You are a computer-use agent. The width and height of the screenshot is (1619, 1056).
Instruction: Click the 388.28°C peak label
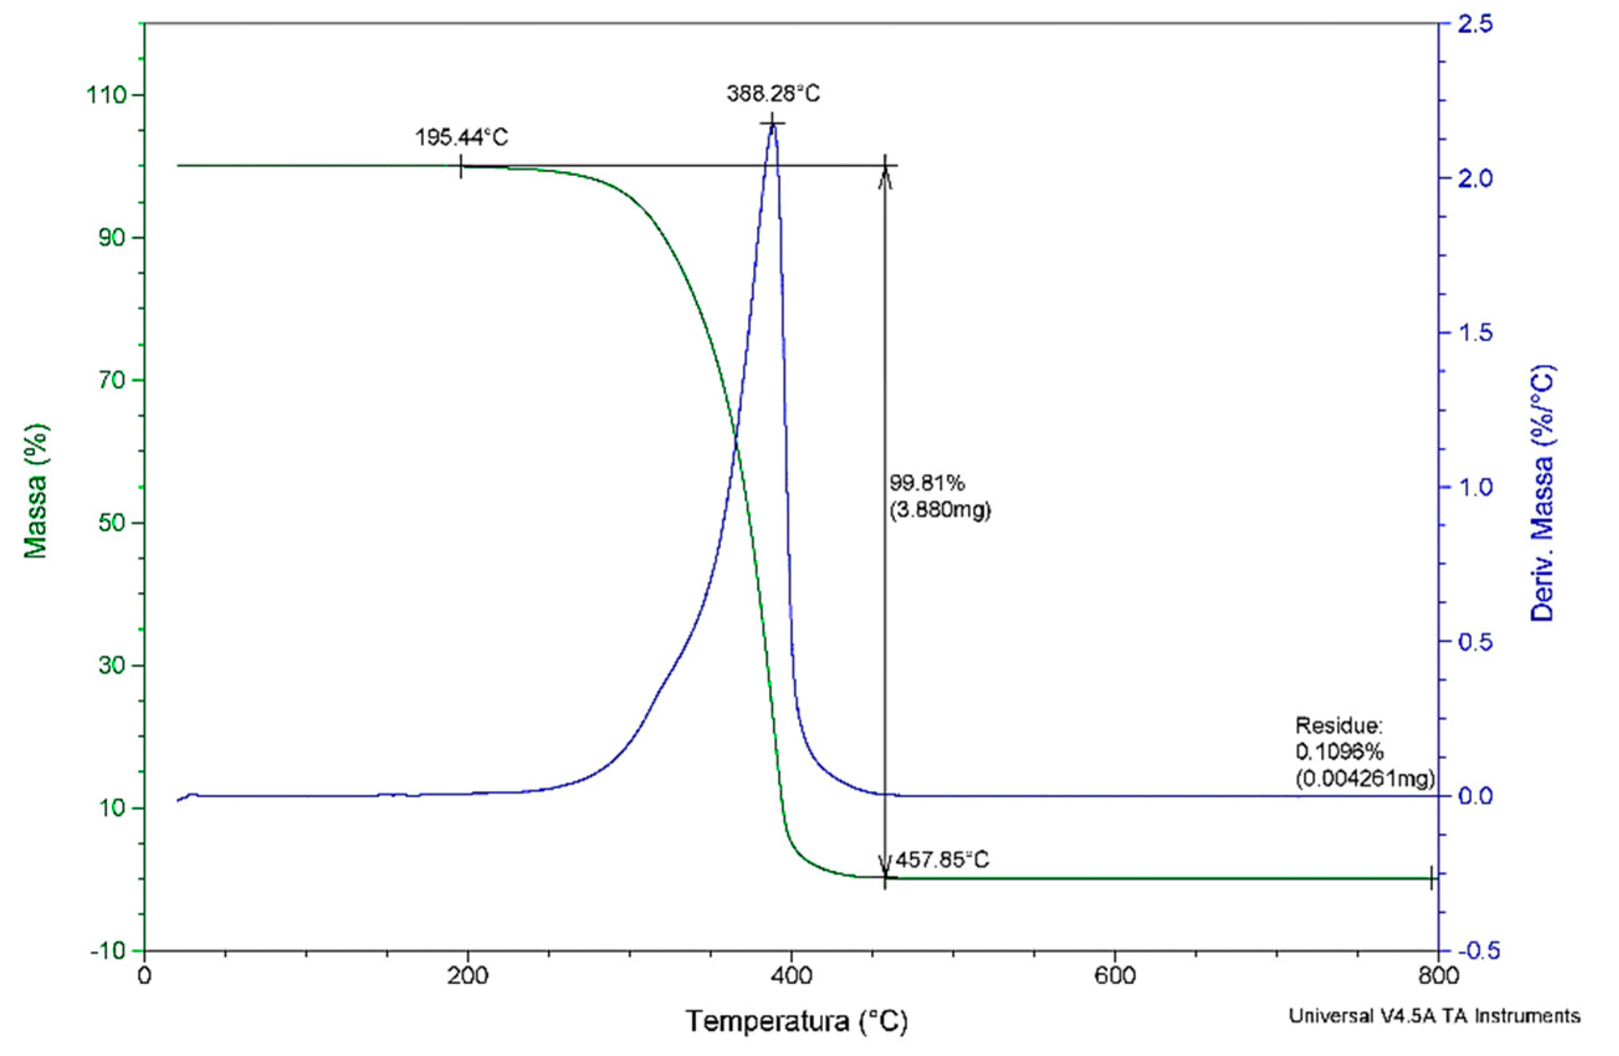773,94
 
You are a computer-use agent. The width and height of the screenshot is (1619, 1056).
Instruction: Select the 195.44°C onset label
462,138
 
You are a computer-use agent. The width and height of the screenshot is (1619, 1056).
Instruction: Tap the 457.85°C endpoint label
942,860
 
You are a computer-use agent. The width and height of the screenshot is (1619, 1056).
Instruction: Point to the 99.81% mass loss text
927,483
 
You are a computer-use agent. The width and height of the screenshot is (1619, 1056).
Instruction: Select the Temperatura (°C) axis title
796,1021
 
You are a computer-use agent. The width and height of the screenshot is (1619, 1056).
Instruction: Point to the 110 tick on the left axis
107,95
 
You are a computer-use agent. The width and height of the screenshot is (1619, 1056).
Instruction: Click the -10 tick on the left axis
109,950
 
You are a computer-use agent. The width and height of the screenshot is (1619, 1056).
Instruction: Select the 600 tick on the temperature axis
1115,976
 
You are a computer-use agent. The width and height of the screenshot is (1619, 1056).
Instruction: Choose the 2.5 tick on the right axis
1469,24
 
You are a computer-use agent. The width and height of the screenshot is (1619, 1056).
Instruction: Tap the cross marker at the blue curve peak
772,123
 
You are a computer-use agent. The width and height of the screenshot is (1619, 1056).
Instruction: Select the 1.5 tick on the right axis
1469,332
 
